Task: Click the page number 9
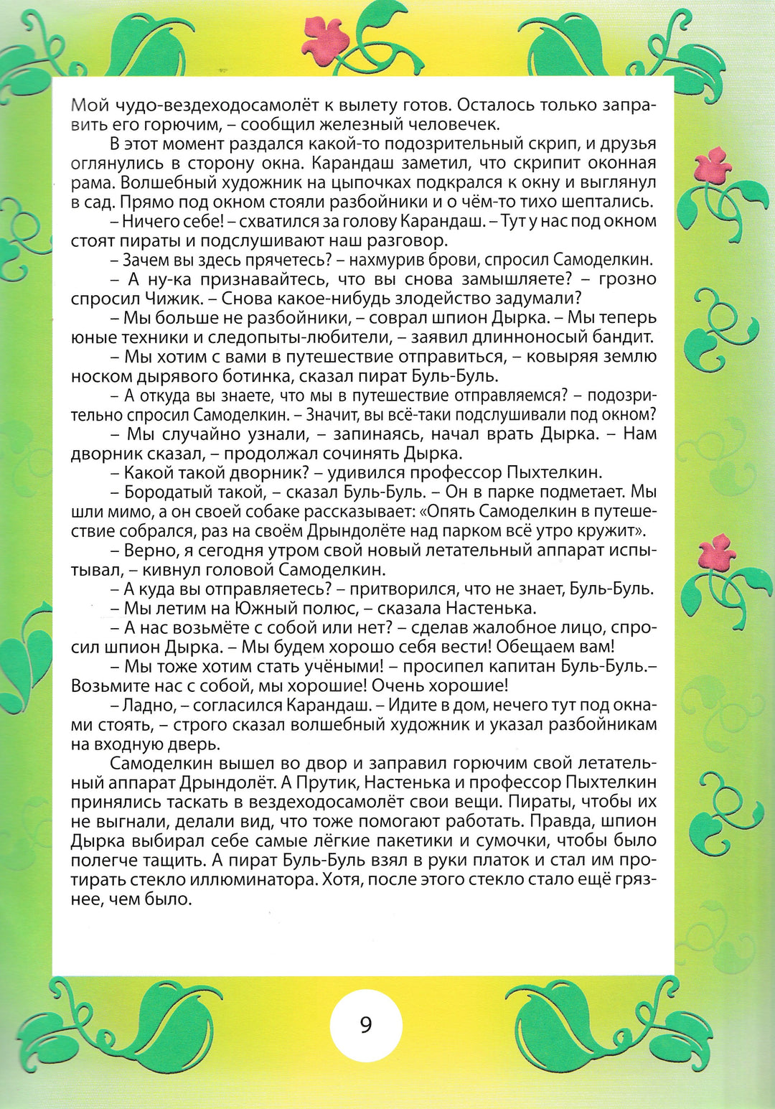pyautogui.click(x=366, y=1024)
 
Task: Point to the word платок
pyautogui.click(x=459, y=861)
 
